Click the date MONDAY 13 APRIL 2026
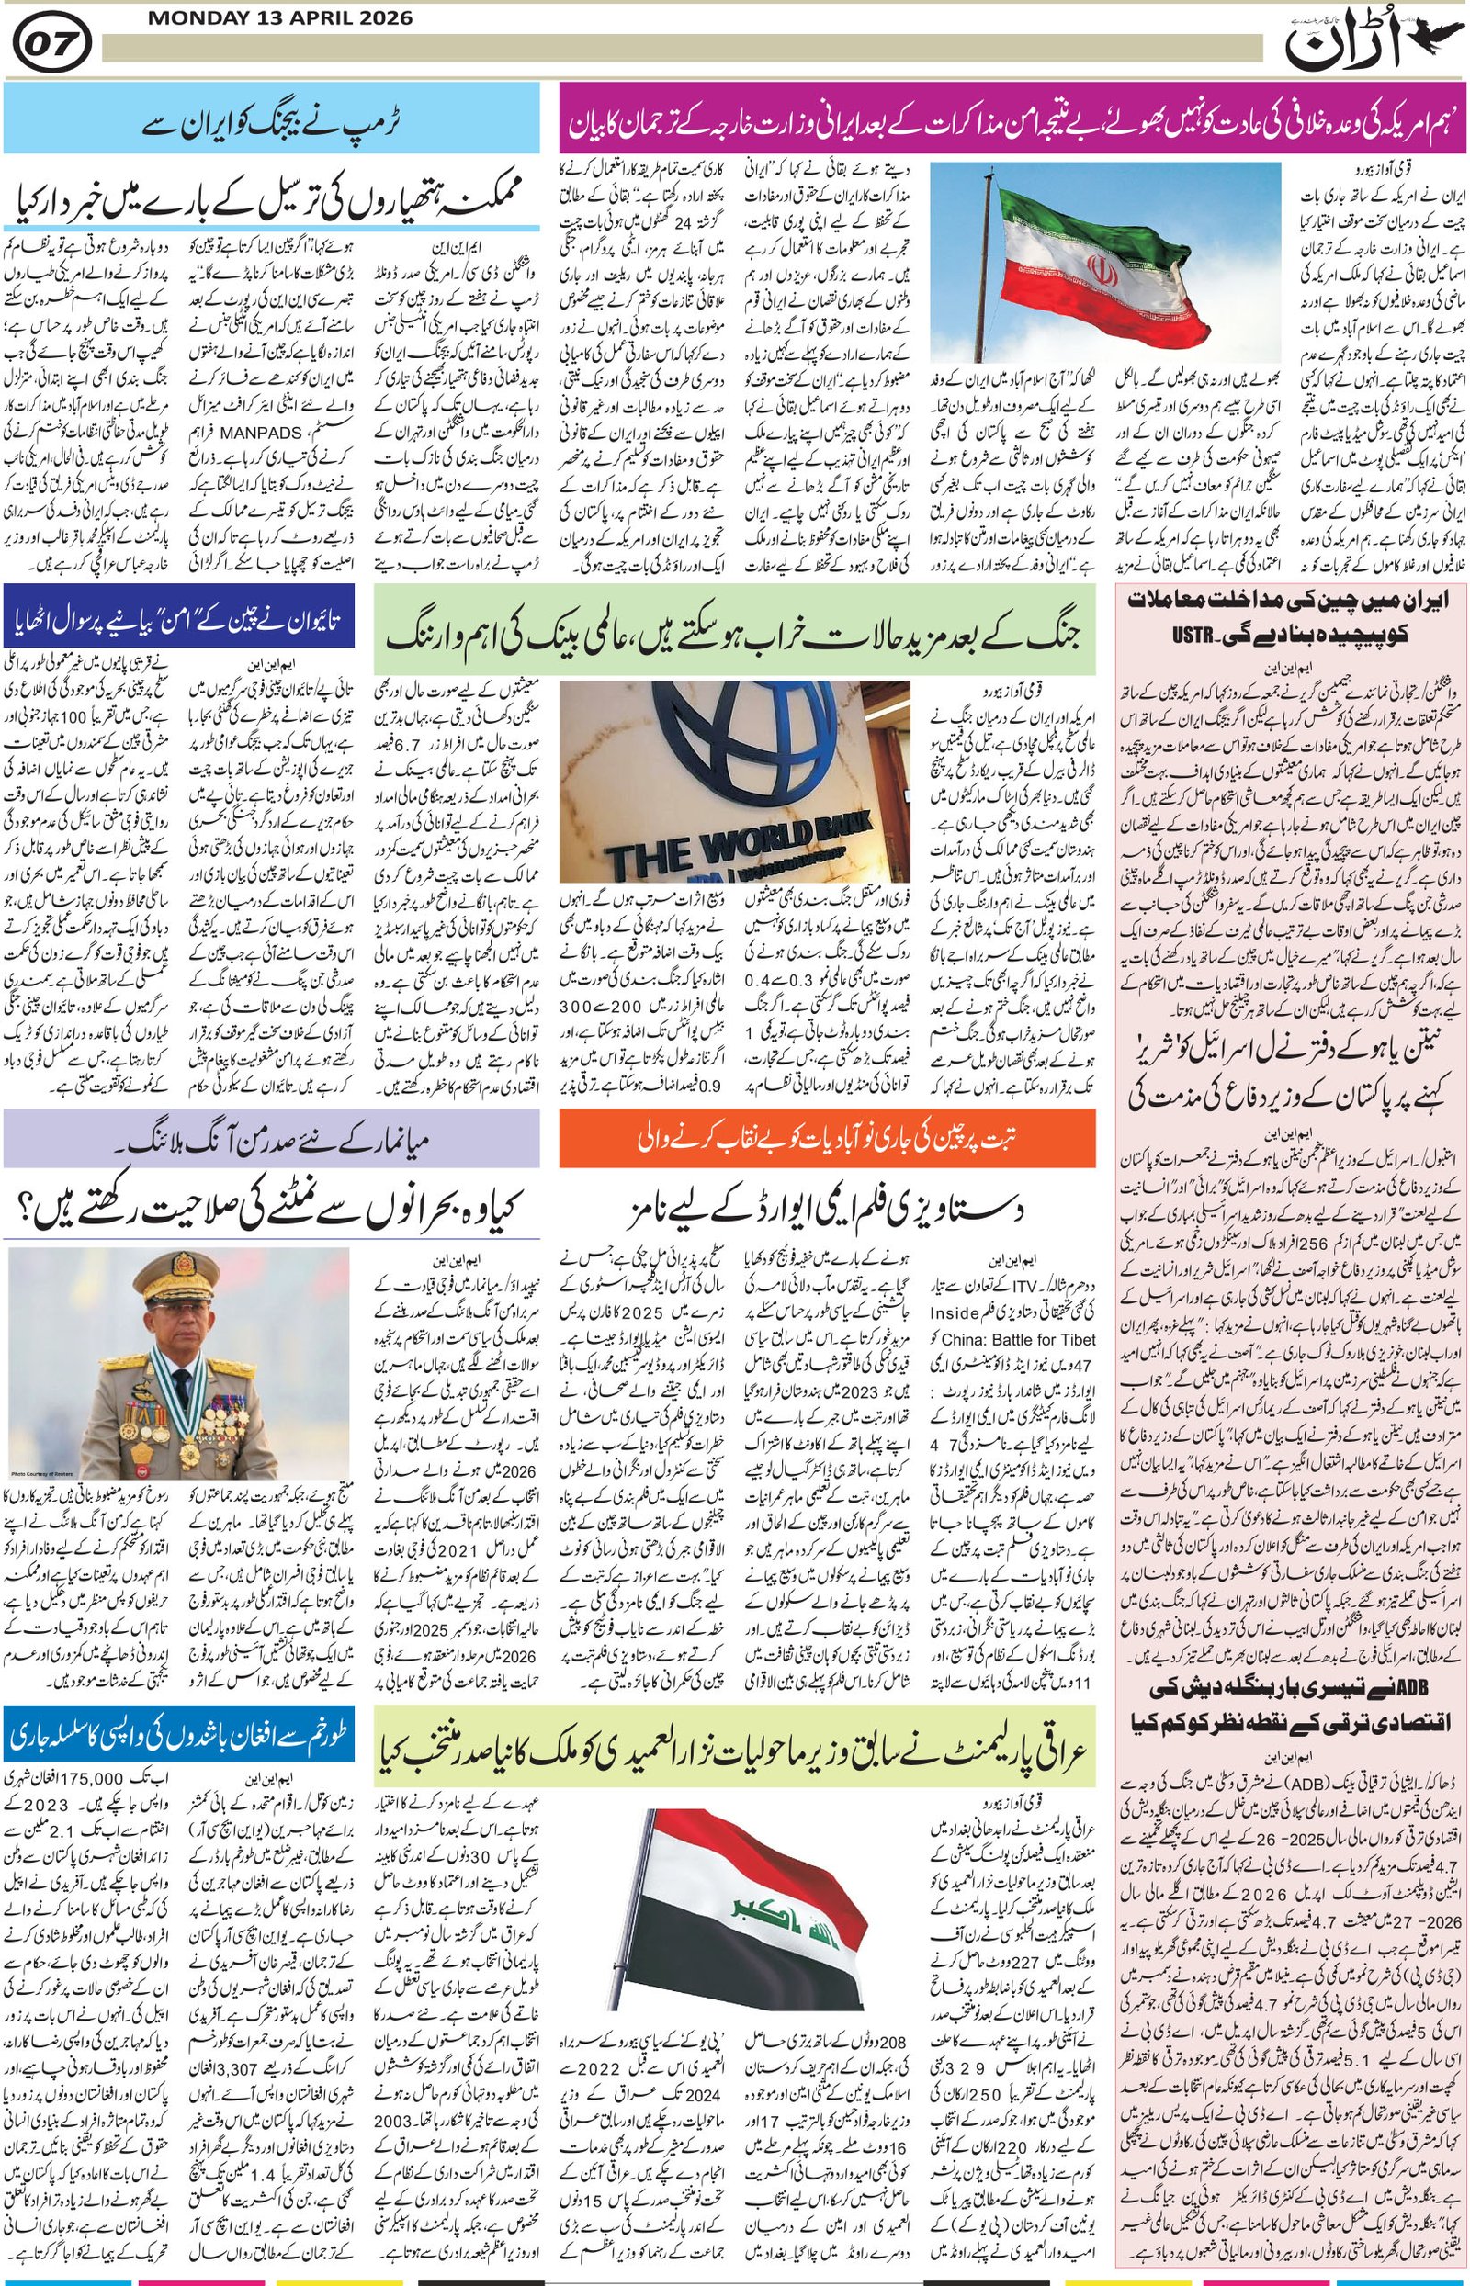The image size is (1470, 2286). (x=280, y=18)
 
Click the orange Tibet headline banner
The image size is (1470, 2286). (x=827, y=1136)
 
